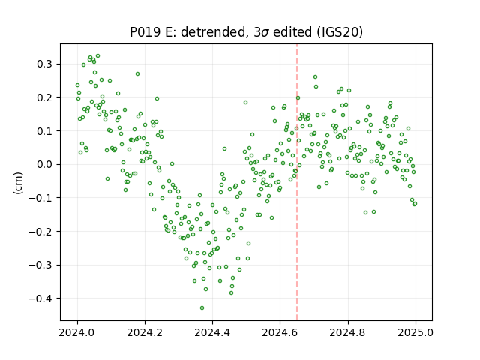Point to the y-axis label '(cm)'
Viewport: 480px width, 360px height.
(18, 183)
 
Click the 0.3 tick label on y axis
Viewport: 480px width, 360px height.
(46, 64)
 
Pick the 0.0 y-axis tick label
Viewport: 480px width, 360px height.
(46, 164)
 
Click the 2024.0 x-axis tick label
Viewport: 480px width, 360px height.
(77, 332)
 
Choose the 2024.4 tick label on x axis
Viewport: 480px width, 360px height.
(212, 332)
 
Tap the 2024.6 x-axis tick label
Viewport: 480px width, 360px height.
(280, 332)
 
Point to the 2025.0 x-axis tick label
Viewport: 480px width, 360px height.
(415, 332)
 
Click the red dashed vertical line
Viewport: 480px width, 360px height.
(297, 182)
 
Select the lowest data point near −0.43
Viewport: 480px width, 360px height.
(202, 307)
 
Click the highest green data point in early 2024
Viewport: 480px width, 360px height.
(98, 56)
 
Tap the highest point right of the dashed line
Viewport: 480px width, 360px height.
(315, 76)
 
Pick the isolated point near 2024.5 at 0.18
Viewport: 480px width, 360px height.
(245, 102)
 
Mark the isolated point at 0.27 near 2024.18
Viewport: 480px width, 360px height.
(138, 73)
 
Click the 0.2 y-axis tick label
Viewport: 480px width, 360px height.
(46, 97)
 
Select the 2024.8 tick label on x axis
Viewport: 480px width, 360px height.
(348, 332)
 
